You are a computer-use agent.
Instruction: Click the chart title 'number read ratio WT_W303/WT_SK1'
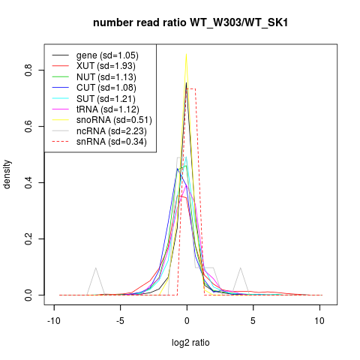tap(190, 22)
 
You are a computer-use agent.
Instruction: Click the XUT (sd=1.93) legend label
tap(106, 66)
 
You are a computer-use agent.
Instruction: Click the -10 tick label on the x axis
tap(54, 321)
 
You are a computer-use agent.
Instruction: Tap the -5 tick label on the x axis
tap(120, 321)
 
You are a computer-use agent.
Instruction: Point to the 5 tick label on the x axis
tap(253, 321)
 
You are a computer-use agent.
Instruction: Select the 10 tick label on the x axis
tap(319, 321)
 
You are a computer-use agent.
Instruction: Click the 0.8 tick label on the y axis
tap(28, 70)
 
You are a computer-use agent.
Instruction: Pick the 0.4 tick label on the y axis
tap(28, 183)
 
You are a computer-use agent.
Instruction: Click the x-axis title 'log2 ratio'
tap(190, 343)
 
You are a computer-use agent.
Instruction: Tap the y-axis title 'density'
tap(7, 175)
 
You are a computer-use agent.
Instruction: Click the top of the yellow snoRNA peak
tap(186, 54)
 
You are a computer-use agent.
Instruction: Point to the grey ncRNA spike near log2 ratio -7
tap(95, 268)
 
